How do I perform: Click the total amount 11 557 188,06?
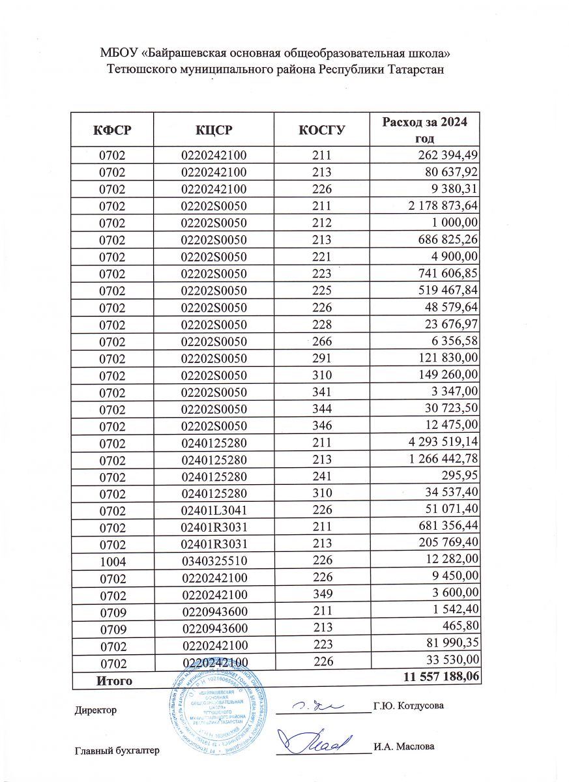[443, 679]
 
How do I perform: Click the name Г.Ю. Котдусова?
[409, 705]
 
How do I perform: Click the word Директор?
[96, 710]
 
